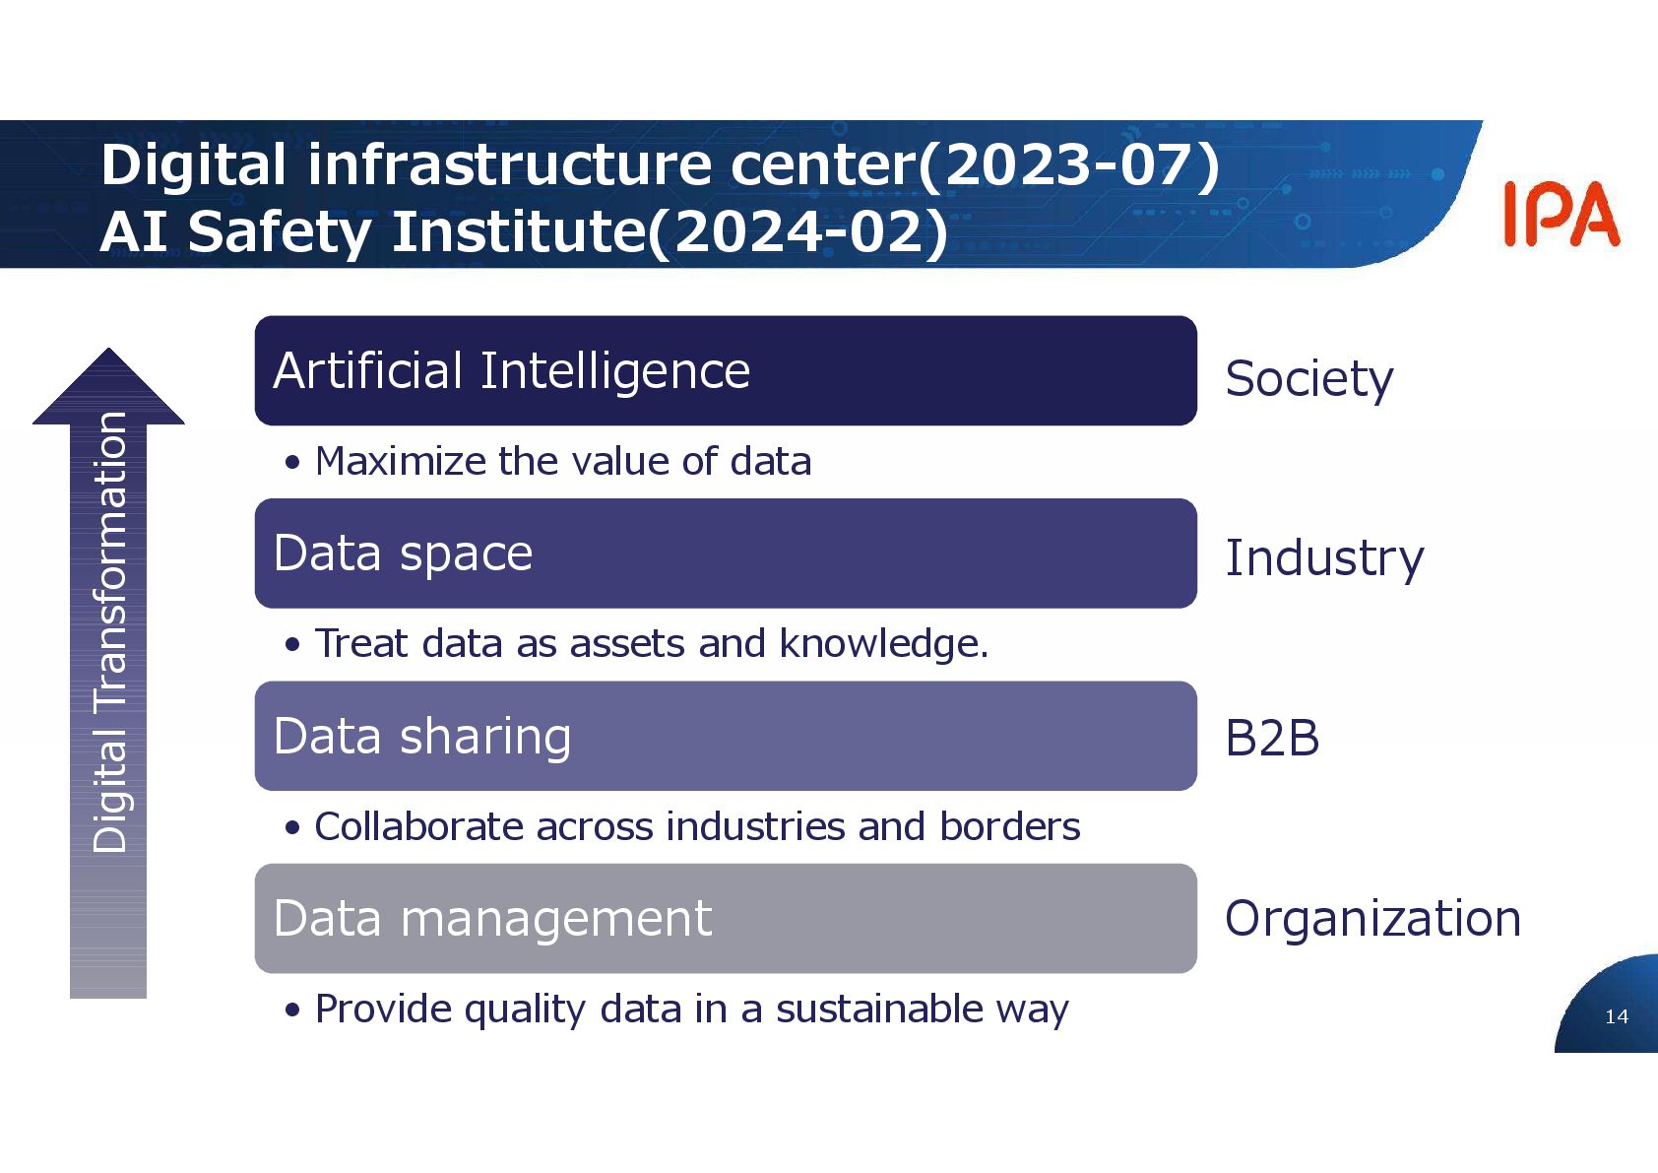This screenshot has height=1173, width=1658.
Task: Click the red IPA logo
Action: [1561, 214]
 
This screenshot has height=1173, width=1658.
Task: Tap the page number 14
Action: [1616, 1016]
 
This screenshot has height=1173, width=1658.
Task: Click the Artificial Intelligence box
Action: [725, 370]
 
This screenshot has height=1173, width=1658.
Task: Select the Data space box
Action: [725, 554]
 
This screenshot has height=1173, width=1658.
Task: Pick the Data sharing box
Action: [725, 736]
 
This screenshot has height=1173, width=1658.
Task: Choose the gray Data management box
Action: [725, 919]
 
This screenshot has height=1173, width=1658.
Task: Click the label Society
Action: [1308, 379]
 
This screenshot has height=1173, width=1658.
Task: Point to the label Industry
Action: [1323, 558]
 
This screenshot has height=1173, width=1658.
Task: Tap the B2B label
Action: [1271, 738]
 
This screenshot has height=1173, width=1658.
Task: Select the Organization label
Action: [1372, 919]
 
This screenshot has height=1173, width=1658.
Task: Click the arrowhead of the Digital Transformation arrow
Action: [108, 387]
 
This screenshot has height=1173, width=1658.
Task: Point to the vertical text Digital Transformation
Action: [109, 631]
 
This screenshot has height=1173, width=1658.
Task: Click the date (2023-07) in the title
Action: [1069, 164]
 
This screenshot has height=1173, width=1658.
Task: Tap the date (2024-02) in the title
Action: [797, 232]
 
